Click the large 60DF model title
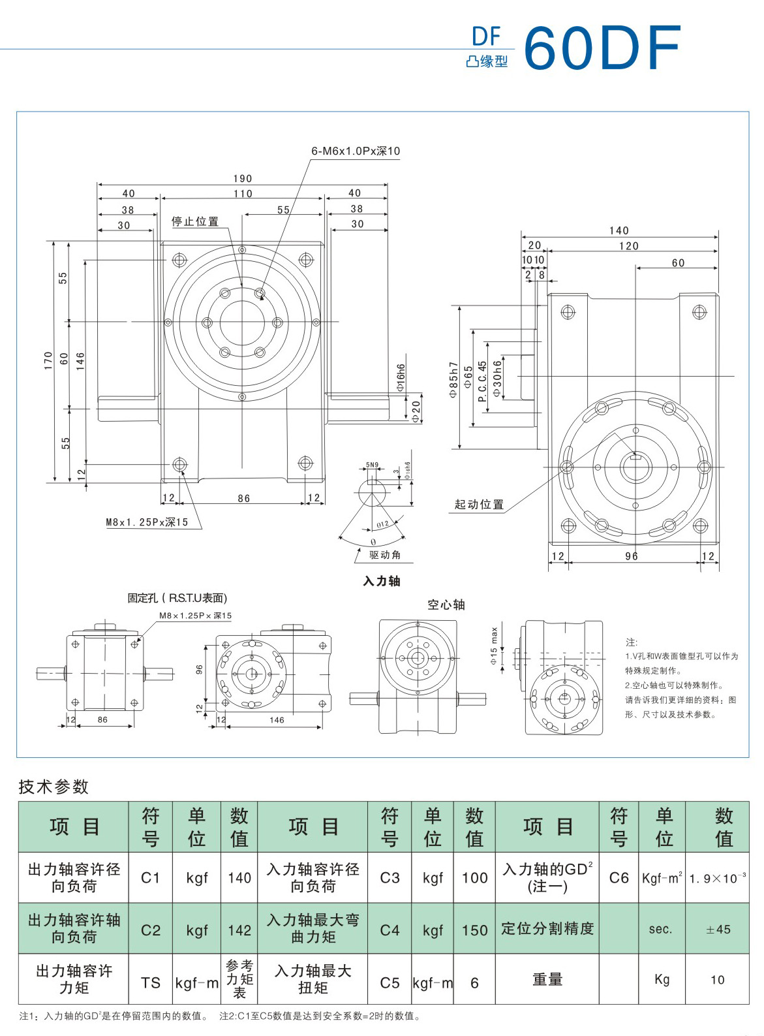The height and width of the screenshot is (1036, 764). coord(602,48)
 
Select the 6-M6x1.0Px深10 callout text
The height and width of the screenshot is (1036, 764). coord(356,151)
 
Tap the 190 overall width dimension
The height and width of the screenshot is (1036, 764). coord(242,178)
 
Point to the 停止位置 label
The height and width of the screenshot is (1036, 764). coord(195,221)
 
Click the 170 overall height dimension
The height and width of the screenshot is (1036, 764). coord(48,360)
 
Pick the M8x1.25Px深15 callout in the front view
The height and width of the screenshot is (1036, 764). coord(147,522)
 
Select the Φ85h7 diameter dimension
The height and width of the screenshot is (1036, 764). coord(453,380)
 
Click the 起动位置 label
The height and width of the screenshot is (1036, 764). coord(479,504)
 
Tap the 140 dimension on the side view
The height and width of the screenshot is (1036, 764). coord(619,230)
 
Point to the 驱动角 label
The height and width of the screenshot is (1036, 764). coord(385,555)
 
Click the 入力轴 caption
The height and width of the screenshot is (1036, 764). coord(382,581)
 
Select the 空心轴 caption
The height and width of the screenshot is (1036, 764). coord(446,604)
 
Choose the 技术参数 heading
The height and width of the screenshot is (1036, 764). coord(53,787)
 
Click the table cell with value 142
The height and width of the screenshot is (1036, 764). coord(239,930)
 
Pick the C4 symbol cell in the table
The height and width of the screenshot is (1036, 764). coord(390,930)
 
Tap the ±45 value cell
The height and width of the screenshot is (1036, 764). coord(718,929)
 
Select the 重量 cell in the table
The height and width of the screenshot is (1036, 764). coord(547,979)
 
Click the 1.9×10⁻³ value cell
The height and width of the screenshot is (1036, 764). coord(718,878)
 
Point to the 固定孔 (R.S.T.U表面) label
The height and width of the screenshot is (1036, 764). coord(177,598)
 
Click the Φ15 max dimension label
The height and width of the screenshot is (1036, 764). coord(494,646)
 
